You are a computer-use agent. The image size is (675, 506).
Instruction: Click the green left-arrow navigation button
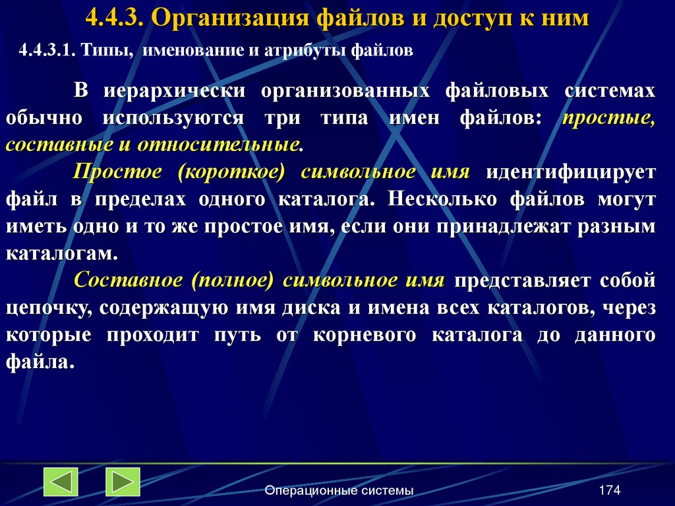tap(61, 482)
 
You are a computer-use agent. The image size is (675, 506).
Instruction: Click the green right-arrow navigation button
tap(123, 482)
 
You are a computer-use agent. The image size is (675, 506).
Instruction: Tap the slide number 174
tap(610, 490)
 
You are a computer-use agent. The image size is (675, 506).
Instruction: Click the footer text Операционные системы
tap(339, 490)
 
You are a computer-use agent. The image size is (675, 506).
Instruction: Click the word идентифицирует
tap(571, 172)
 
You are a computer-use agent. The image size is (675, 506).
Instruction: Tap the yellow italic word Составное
tap(128, 280)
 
